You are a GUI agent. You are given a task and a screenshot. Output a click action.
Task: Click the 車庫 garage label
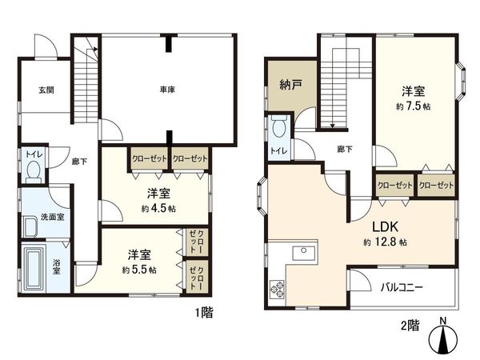pos(167,90)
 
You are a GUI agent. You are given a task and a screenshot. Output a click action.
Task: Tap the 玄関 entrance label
pos(46,90)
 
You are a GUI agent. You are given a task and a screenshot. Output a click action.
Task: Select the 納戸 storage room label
pos(290,83)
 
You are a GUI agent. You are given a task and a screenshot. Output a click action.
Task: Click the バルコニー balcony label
pos(402,286)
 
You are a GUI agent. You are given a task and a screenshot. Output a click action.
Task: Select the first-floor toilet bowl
pos(34,169)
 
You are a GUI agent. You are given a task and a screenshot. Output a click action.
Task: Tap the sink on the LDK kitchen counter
pos(304,254)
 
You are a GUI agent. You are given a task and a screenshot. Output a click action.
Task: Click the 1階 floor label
pos(202,313)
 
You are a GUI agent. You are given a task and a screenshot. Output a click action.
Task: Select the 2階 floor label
pos(410,326)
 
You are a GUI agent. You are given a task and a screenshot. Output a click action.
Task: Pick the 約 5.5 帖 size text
pos(139,270)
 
